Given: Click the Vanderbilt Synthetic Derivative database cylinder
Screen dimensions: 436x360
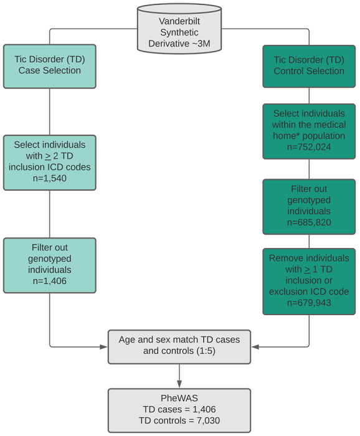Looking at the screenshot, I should click(179, 31).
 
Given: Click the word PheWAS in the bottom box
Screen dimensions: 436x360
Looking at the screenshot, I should click(179, 397).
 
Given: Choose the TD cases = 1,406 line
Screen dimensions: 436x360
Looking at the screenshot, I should click(179, 409).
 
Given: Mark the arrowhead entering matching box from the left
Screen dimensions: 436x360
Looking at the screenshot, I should click(105, 346).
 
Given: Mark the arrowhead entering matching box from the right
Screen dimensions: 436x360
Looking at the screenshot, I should click(253, 346).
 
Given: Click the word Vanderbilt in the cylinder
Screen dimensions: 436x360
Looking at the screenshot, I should click(179, 20).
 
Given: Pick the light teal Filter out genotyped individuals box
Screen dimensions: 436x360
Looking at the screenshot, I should click(50, 265).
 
